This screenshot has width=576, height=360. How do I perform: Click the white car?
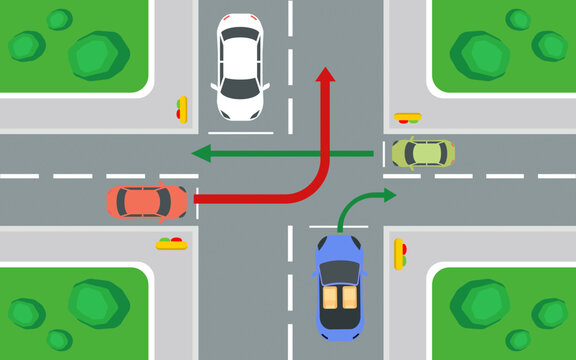[241, 66]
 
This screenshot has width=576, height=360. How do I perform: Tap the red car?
[147, 201]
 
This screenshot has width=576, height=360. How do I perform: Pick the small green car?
[423, 153]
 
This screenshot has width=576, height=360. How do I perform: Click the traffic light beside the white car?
[182, 108]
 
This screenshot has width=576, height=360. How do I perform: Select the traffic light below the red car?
[171, 242]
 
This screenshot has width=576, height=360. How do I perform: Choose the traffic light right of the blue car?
[400, 253]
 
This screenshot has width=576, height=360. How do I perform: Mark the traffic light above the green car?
[407, 118]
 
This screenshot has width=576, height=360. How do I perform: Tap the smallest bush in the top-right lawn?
[518, 19]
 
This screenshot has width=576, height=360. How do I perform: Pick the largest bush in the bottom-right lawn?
[480, 304]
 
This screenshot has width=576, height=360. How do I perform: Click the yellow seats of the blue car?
[339, 298]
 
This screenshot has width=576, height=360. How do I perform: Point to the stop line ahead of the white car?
[241, 131]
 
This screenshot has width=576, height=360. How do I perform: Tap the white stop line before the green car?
[382, 153]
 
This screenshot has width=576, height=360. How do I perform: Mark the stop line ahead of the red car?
[196, 204]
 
